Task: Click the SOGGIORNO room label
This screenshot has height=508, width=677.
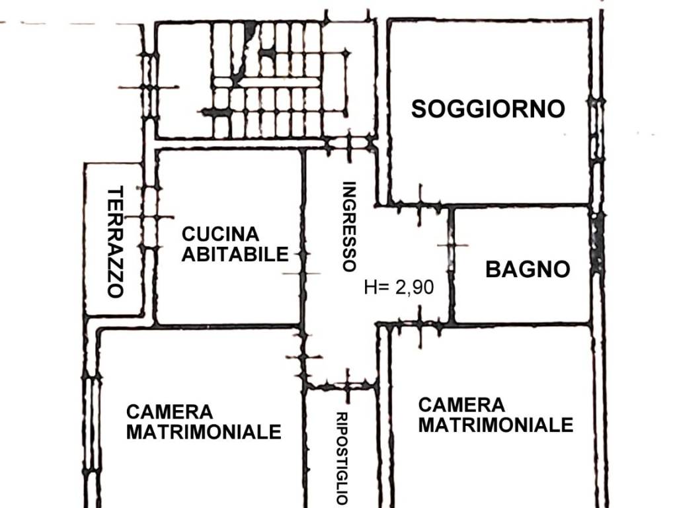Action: point(488,108)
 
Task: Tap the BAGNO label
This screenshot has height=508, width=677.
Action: point(528,269)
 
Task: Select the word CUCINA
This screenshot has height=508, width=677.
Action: point(221,234)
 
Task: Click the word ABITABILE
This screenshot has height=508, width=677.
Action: point(235,254)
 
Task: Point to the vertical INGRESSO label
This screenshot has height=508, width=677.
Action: point(349,227)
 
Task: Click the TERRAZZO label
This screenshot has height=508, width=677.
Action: point(116,242)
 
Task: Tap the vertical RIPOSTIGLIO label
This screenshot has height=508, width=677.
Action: point(342,458)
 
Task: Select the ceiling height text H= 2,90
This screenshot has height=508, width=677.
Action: point(399,288)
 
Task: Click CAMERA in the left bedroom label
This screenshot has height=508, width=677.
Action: point(169,412)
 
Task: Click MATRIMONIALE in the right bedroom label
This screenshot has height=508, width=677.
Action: point(495,425)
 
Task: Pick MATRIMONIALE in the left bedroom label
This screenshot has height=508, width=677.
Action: point(204,433)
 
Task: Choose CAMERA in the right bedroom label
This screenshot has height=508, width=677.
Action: point(461,404)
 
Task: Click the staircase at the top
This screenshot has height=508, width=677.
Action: point(278,79)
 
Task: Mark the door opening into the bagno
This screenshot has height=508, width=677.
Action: point(452,245)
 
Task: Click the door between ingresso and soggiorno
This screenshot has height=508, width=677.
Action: point(419,205)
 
